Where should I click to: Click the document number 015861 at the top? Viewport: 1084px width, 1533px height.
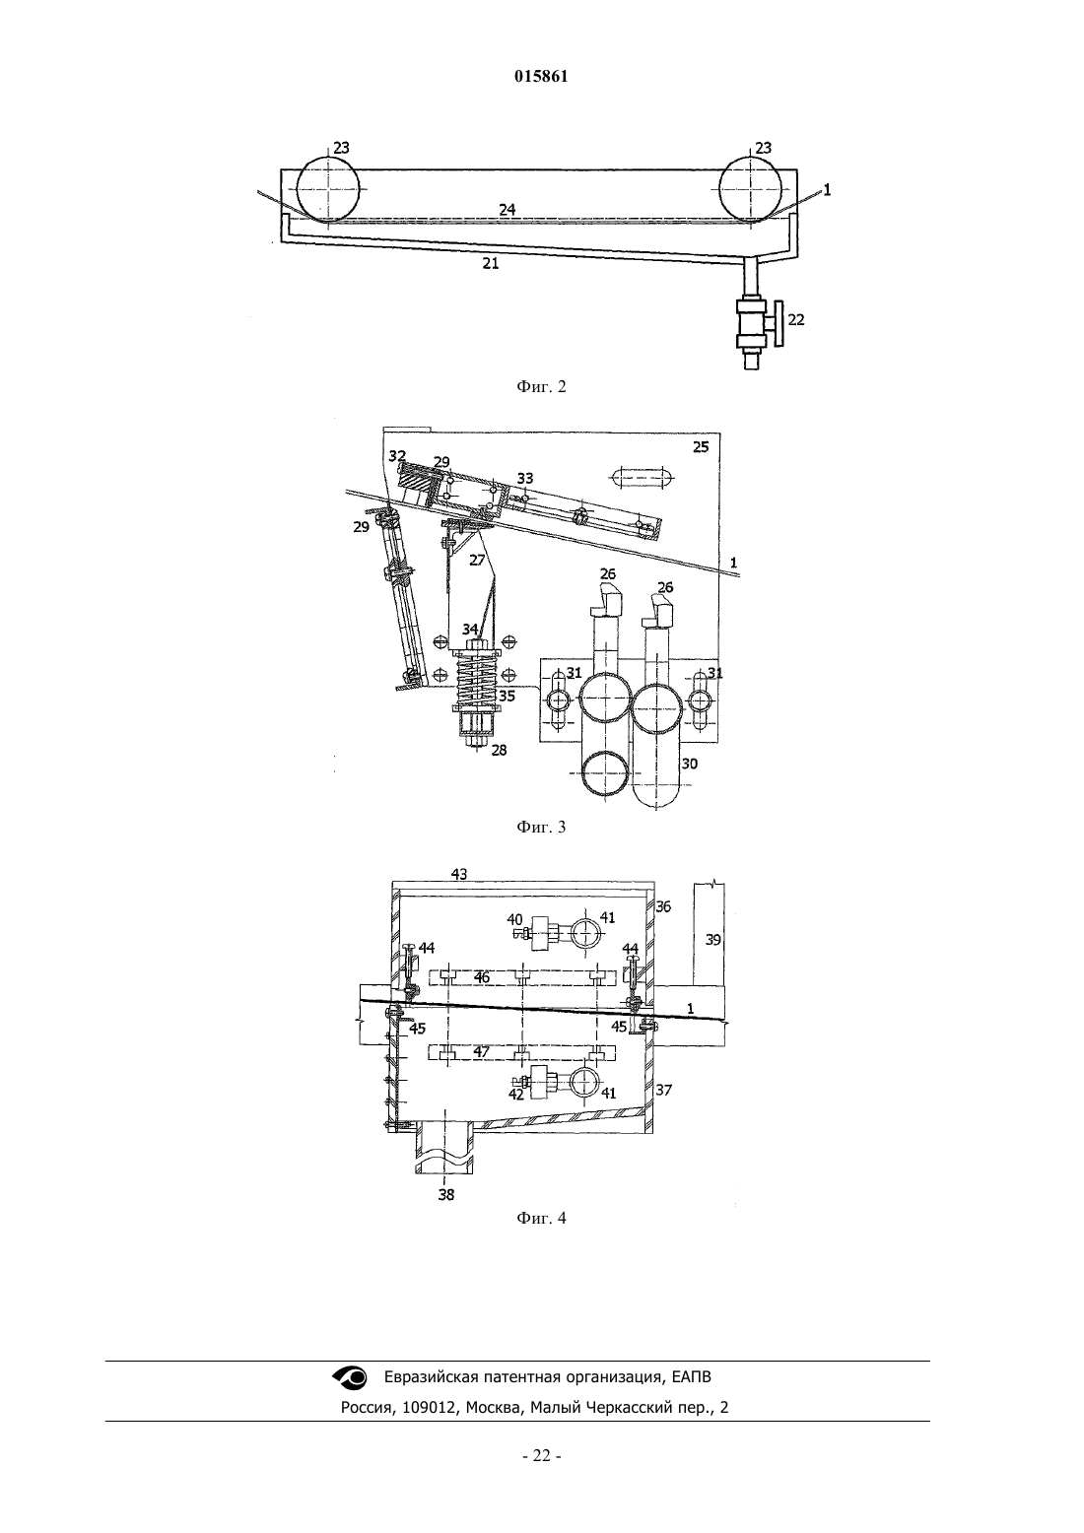tap(541, 77)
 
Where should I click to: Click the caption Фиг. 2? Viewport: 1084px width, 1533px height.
tap(541, 386)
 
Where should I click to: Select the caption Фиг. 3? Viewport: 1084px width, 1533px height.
tap(541, 827)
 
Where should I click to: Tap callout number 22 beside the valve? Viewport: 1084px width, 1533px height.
tap(796, 319)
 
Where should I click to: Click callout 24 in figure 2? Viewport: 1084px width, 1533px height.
tap(508, 210)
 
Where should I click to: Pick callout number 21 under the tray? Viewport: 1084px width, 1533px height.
tap(491, 263)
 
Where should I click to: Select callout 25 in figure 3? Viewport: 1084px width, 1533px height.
tap(701, 447)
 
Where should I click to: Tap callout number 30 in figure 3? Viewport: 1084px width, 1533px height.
tap(689, 764)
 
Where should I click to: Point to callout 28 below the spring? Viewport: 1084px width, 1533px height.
tap(499, 750)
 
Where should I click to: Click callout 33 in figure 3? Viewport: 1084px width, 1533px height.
tap(525, 479)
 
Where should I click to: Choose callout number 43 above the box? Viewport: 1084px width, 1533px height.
tap(459, 874)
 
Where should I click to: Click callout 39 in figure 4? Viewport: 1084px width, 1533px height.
tap(713, 940)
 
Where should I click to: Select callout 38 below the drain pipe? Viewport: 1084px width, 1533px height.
tap(446, 1195)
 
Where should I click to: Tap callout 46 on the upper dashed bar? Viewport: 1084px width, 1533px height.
tap(482, 977)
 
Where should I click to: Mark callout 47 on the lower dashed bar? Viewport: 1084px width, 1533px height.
tap(482, 1051)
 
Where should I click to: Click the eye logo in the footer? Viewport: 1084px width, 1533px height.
tap(350, 1376)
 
